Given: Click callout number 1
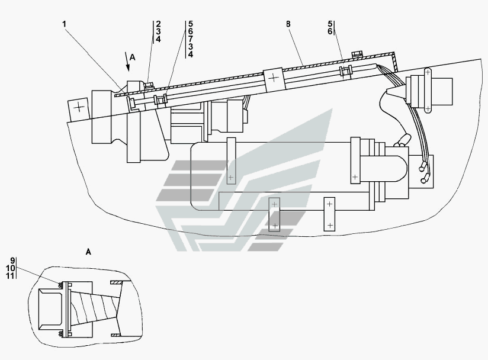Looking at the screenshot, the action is (65, 24).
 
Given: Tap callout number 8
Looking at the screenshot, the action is (288, 24).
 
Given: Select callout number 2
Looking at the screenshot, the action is (158, 24).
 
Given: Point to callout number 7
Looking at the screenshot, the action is (191, 39).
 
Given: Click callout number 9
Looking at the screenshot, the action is (12, 261).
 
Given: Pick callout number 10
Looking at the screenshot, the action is (10, 268).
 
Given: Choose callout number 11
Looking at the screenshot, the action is (10, 276).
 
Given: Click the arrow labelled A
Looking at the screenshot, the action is (127, 62).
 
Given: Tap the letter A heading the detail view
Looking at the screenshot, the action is (88, 252).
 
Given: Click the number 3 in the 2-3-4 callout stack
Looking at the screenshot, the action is (158, 31).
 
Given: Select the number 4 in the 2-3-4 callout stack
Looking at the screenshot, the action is (158, 39).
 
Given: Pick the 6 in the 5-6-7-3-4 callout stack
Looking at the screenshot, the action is (191, 31).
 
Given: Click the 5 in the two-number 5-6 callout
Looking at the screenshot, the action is (330, 24).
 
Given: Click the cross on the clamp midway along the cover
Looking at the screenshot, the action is (273, 77).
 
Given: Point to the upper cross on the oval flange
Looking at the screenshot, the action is (428, 72).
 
